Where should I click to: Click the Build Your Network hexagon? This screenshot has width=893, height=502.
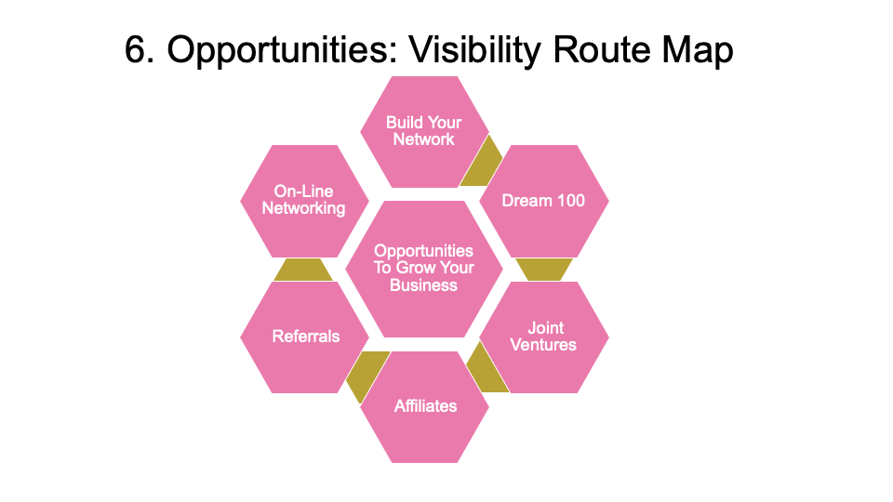(x=423, y=131)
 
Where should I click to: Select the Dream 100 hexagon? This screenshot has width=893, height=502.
(x=543, y=201)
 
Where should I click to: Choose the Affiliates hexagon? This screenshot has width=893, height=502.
(x=425, y=406)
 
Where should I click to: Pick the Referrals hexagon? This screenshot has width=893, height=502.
(x=305, y=337)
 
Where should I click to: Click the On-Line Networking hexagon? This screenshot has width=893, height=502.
(x=303, y=201)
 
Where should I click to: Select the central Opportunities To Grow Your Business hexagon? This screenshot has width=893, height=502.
(x=423, y=269)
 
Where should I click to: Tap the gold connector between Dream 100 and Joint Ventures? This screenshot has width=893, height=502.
(x=543, y=270)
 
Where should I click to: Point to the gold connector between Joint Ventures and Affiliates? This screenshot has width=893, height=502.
(x=483, y=370)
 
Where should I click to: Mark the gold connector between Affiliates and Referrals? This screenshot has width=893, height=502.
(x=366, y=373)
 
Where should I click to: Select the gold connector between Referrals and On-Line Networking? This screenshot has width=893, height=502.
(x=303, y=270)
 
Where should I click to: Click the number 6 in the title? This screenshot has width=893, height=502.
(x=136, y=52)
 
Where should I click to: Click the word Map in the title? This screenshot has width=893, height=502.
(x=697, y=52)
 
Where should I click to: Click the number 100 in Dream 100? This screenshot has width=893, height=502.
(x=569, y=201)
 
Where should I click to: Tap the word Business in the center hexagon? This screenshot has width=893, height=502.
(x=423, y=285)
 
